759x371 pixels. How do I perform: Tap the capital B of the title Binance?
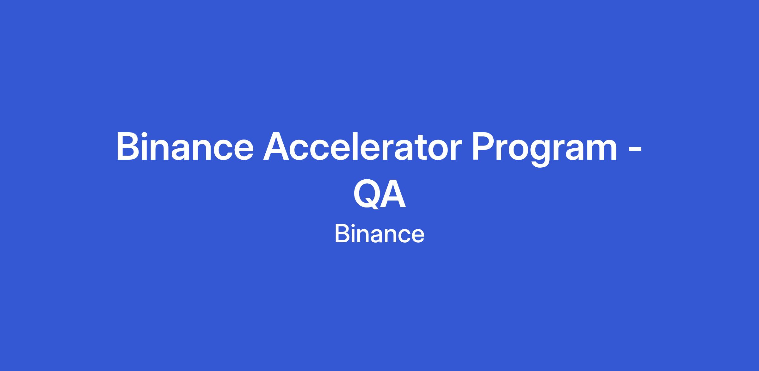tap(129, 146)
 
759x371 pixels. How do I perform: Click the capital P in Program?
tap(484, 146)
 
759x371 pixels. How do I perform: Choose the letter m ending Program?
tap(599, 150)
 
